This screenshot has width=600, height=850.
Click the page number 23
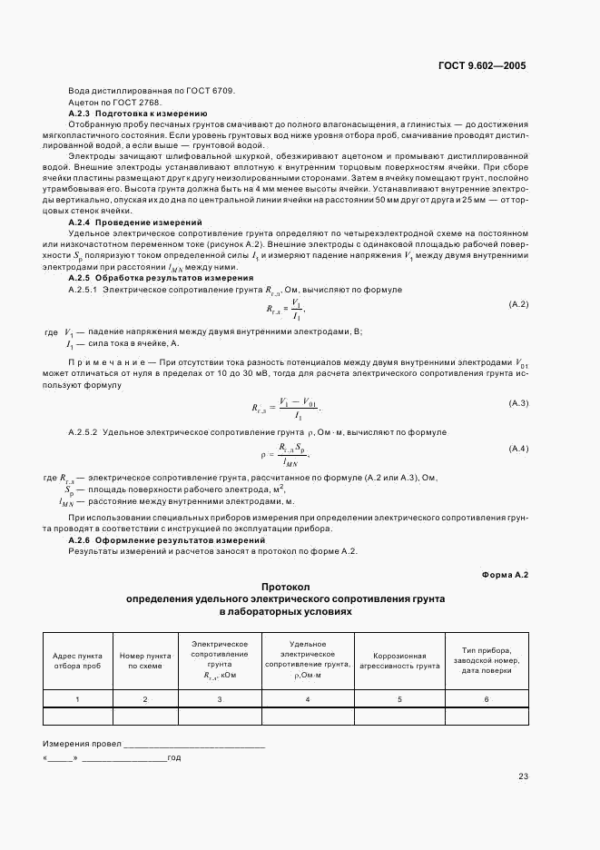tap(523, 776)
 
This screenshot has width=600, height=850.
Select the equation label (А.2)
tap(518, 304)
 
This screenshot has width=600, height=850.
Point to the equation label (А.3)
tap(518, 402)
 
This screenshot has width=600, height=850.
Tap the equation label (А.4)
tap(518, 449)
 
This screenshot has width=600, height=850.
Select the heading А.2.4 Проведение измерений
tap(135, 222)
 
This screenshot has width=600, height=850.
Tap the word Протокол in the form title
tap(285, 588)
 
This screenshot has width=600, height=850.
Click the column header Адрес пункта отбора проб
tap(77, 660)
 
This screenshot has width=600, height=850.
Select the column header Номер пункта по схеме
tap(144, 660)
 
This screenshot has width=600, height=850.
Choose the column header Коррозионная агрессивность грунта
tap(399, 660)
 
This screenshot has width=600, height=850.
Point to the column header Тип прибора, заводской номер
tap(487, 655)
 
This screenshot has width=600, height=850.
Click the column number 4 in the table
tap(308, 698)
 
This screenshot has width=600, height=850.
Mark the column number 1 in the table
tap(77, 698)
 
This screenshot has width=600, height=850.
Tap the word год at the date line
tap(174, 756)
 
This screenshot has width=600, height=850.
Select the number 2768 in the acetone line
tap(136, 103)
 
